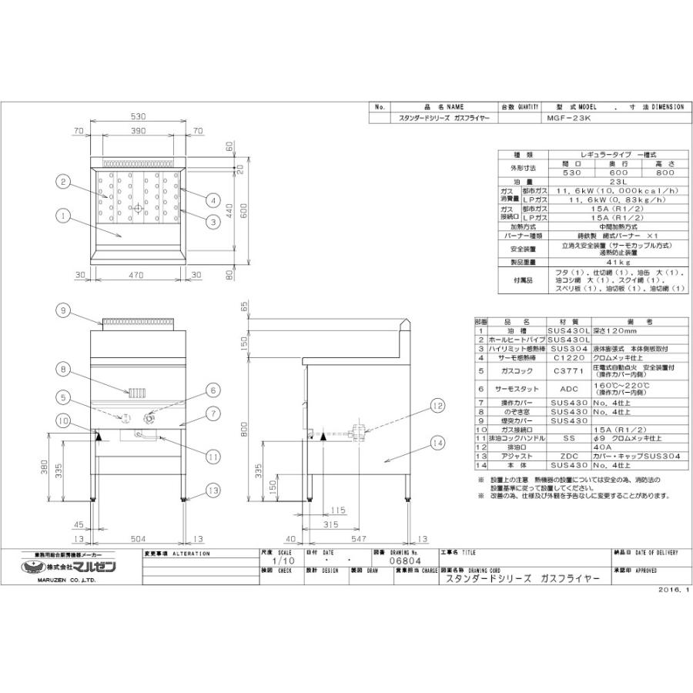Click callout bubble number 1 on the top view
pos(62,216)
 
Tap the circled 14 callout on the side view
pos(438,443)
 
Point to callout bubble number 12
pos(437,405)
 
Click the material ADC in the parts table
pos(568,389)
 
